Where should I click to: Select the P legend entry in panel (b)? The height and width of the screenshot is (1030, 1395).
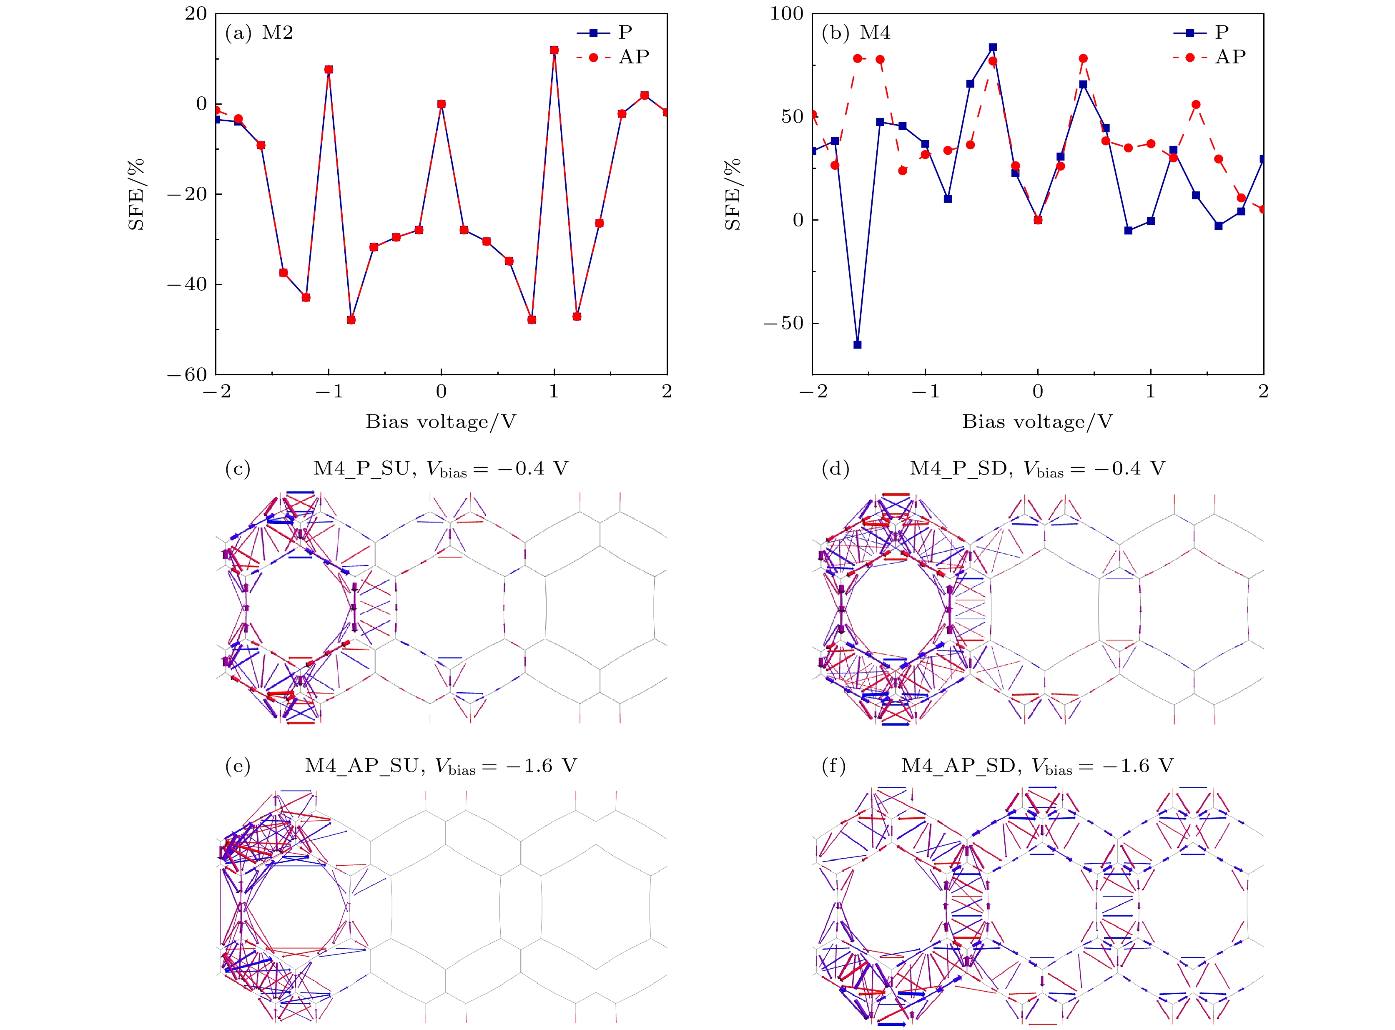1209,33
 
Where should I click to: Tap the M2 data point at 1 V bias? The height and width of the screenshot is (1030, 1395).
554,50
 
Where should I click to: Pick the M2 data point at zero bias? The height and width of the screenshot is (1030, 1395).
442,104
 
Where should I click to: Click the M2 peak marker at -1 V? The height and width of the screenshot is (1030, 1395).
329,69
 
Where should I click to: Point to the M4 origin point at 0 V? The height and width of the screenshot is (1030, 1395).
1038,219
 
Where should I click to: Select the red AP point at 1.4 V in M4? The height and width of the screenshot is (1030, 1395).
1196,105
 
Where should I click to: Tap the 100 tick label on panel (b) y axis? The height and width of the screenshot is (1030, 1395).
787,14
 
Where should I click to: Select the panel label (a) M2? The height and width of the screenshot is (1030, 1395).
258,33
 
